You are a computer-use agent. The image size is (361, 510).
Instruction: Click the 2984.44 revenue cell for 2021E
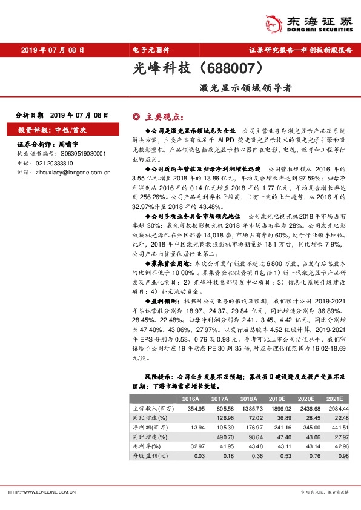pyautogui.click(x=340, y=409)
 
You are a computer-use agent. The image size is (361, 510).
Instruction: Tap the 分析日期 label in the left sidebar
pyautogui.click(x=29, y=114)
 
